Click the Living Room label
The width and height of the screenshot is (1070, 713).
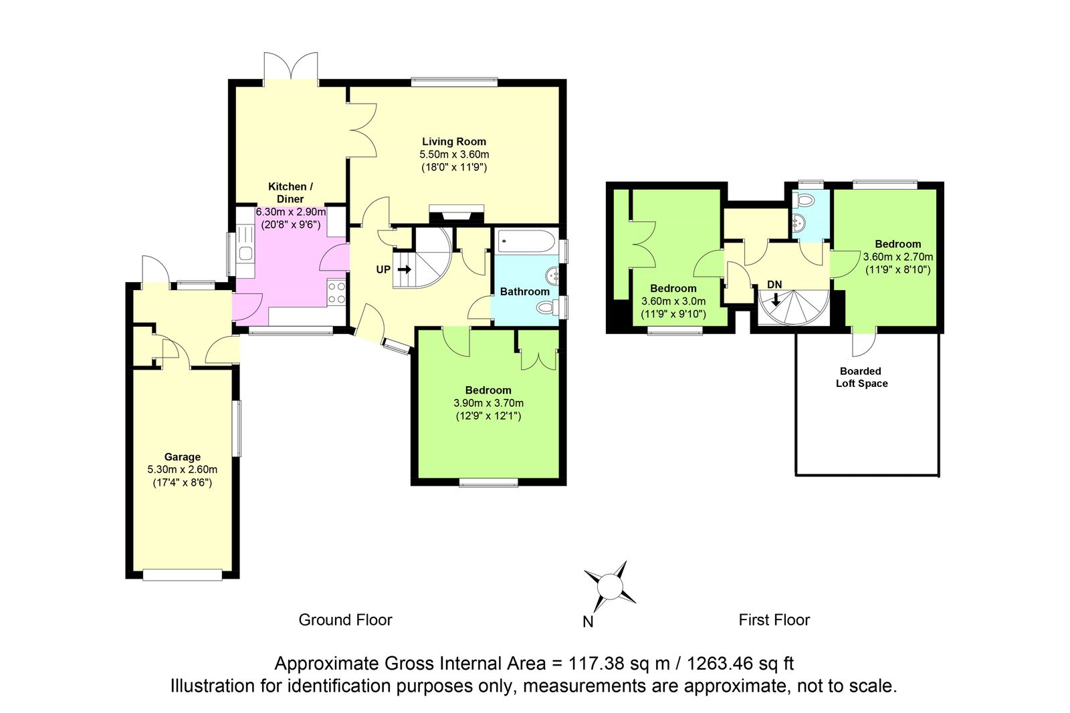pyautogui.click(x=454, y=142)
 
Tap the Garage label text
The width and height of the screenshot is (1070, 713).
pyautogui.click(x=183, y=456)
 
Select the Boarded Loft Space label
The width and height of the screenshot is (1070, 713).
pyautogui.click(x=861, y=377)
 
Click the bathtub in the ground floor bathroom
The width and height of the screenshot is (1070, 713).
pyautogui.click(x=526, y=241)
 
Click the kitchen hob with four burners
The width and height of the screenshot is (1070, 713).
pyautogui.click(x=336, y=293)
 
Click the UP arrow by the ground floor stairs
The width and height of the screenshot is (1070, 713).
pyautogui.click(x=404, y=270)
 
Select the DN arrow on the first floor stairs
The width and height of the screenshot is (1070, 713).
pyautogui.click(x=776, y=300)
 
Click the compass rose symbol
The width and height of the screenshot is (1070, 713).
pyautogui.click(x=610, y=586)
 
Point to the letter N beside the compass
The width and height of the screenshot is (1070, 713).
pyautogui.click(x=588, y=622)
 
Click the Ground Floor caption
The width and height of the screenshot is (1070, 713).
pyautogui.click(x=345, y=620)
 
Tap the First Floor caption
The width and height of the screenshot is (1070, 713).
pyautogui.click(x=774, y=620)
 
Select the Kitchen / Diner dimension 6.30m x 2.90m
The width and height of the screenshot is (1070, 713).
pyautogui.click(x=291, y=212)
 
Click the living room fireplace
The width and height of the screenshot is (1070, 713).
pyautogui.click(x=457, y=214)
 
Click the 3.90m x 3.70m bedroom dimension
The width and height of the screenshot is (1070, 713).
pyautogui.click(x=488, y=403)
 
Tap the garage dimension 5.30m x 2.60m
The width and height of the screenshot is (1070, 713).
pyautogui.click(x=183, y=470)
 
